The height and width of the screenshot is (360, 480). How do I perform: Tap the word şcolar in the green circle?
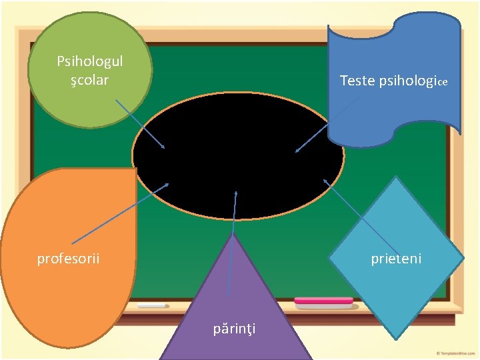(90, 80)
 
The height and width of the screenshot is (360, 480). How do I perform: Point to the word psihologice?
(413, 81)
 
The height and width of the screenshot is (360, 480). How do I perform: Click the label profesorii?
(68, 258)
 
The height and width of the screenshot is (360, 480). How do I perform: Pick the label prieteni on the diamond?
(396, 258)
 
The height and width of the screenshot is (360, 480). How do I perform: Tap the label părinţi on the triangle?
(235, 328)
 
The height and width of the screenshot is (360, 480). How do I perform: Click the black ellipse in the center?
(238, 156)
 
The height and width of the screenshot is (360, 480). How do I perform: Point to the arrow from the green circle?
(140, 124)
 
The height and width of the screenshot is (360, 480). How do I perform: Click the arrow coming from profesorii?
(120, 213)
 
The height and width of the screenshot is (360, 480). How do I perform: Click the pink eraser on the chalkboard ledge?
(323, 301)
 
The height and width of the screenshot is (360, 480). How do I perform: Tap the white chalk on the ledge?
(152, 305)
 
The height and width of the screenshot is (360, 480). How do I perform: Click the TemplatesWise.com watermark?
(455, 353)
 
